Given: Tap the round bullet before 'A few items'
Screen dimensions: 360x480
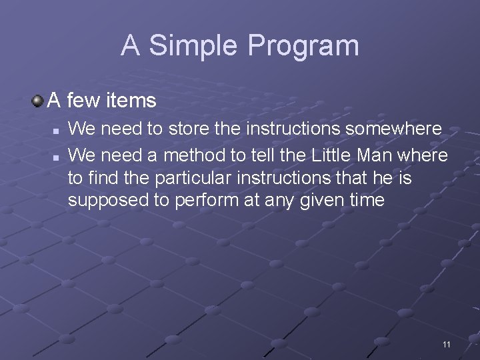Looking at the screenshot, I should pos(38,101).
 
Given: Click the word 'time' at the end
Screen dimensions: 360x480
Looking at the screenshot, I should pos(368,201).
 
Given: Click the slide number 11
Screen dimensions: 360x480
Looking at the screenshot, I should pos(446,344).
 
